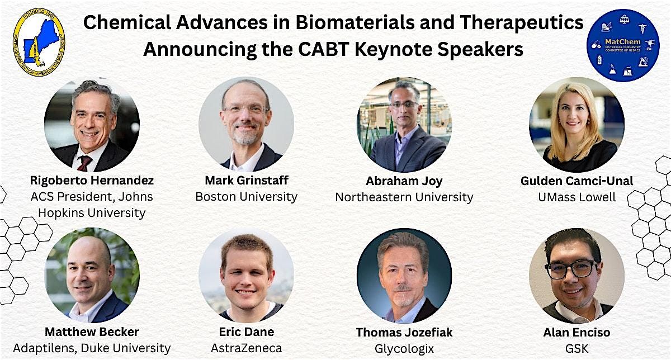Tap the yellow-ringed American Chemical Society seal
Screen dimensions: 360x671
[x=38, y=42]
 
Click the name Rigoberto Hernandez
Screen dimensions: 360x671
[x=92, y=181]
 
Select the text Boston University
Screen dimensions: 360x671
[x=246, y=197]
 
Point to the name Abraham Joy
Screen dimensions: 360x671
[x=404, y=181]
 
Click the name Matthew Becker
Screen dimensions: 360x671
[x=92, y=332]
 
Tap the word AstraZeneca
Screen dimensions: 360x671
[x=246, y=348]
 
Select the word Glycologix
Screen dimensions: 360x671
[x=404, y=348]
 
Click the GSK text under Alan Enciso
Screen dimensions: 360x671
[x=576, y=348]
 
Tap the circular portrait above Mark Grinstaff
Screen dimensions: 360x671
[x=246, y=124]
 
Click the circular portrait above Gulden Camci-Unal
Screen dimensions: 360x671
[x=576, y=124]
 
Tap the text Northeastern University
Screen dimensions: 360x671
[x=404, y=197]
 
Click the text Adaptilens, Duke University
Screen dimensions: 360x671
[x=92, y=348]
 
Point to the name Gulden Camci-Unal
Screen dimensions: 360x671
[x=576, y=181]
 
